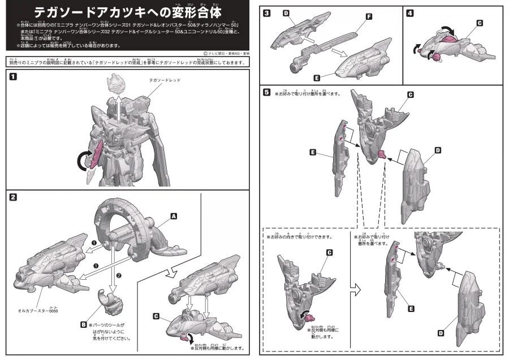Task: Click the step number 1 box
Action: [x=12, y=77]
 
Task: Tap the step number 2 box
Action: [x=12, y=197]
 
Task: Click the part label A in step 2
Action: [x=174, y=216]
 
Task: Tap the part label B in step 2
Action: [x=83, y=325]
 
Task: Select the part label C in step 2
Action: [x=156, y=316]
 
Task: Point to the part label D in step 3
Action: [x=286, y=12]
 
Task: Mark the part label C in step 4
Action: [x=480, y=23]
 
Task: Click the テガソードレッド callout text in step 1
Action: [x=165, y=81]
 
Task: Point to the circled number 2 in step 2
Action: [x=118, y=275]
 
